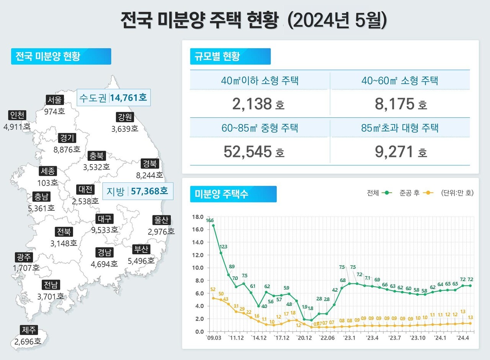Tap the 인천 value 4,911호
[17, 127]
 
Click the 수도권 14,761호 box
[113, 98]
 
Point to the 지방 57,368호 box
[138, 191]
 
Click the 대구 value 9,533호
[105, 230]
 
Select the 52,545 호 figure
[254, 152]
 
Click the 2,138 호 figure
[258, 103]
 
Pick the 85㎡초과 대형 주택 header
[400, 128]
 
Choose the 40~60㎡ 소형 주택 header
[400, 80]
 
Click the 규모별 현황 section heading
[230, 56]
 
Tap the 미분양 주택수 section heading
[233, 194]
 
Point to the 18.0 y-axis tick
[198, 217]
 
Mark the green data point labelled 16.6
[213, 226]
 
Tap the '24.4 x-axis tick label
[462, 338]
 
